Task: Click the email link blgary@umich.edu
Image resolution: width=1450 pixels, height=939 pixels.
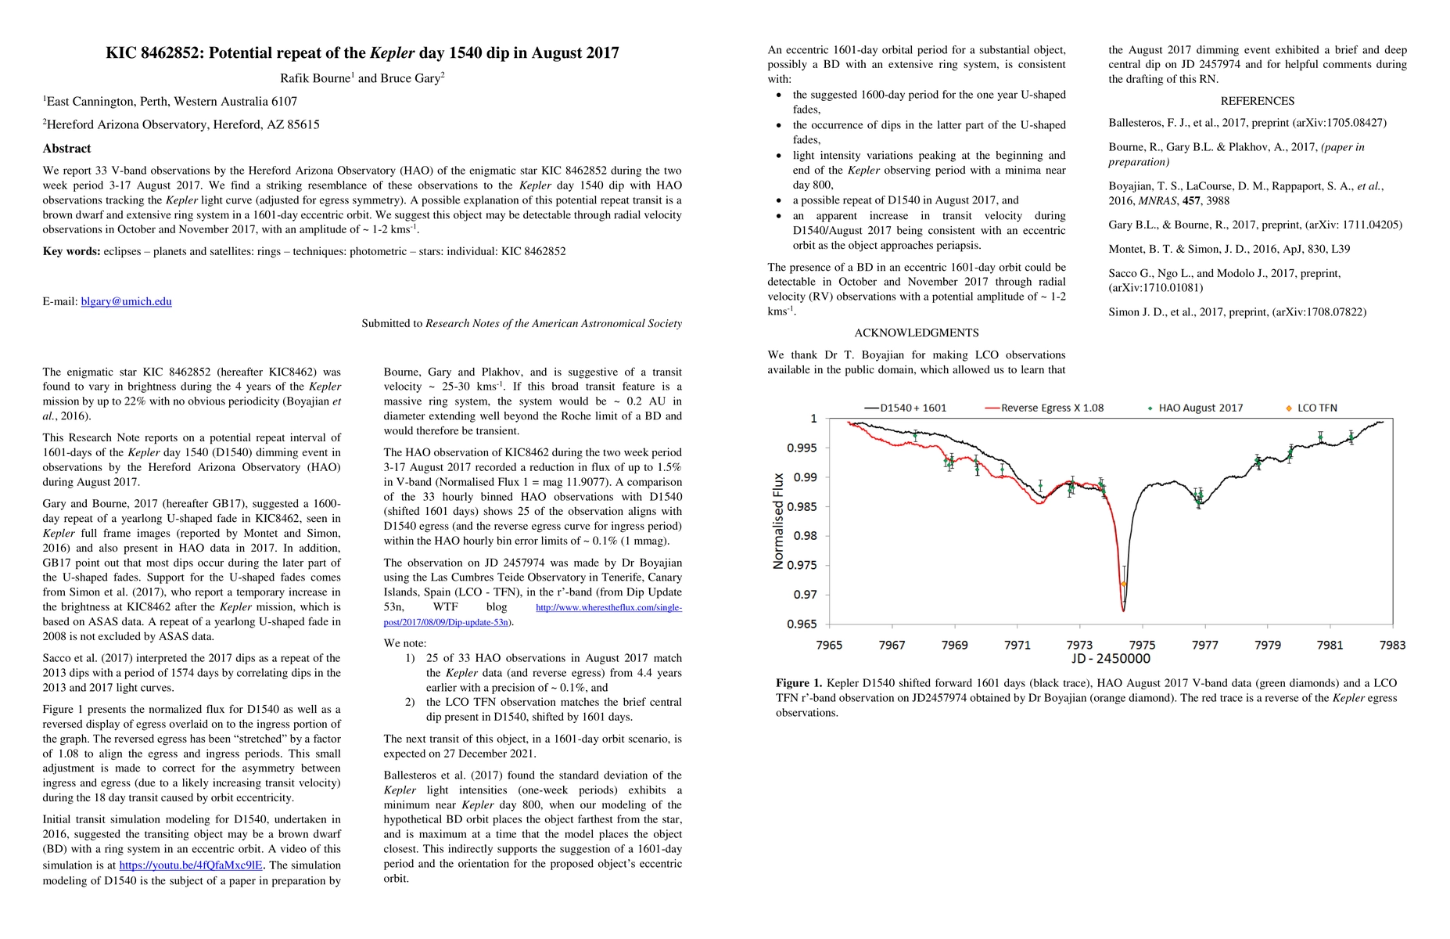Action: click(x=126, y=301)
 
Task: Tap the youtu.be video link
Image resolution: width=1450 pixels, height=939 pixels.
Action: click(x=190, y=865)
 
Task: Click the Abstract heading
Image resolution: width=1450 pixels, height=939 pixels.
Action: click(x=66, y=149)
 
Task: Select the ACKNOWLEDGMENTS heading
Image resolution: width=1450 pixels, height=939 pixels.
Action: click(x=916, y=333)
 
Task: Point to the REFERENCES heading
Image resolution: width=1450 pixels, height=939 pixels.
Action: click(x=1257, y=101)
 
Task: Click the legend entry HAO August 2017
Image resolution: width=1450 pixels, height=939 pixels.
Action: click(x=1200, y=408)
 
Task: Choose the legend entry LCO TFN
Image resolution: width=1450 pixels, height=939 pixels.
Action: click(x=1317, y=408)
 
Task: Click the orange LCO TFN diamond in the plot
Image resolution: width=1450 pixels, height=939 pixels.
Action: click(x=1124, y=584)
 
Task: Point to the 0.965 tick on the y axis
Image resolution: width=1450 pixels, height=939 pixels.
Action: click(x=802, y=624)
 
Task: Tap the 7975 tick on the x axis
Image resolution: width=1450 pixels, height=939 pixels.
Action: click(x=1142, y=645)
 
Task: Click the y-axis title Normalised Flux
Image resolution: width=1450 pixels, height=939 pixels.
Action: click(x=778, y=520)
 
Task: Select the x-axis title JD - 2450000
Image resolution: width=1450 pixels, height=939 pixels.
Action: click(x=1111, y=659)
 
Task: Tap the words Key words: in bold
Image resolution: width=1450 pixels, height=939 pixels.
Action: click(x=71, y=251)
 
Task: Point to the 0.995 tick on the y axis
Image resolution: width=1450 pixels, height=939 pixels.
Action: click(x=802, y=448)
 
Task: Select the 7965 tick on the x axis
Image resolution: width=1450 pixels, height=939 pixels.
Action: click(x=829, y=645)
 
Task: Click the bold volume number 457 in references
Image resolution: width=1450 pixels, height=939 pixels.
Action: click(x=1191, y=200)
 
